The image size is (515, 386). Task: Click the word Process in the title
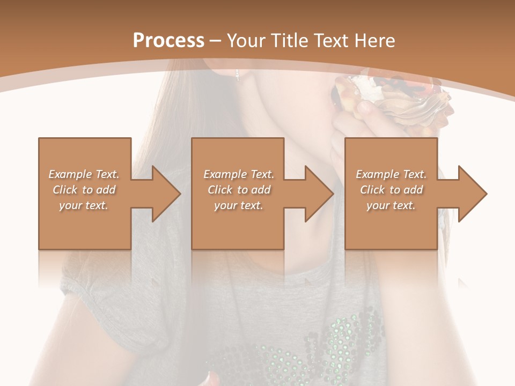(168, 40)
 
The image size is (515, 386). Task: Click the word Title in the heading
(289, 40)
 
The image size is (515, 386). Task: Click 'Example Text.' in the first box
(84, 174)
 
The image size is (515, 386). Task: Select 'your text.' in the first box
(84, 205)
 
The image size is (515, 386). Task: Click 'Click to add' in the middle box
(239, 190)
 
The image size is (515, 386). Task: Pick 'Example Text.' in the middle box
(239, 174)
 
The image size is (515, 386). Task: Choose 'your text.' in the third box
(391, 205)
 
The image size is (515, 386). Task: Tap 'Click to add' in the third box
(391, 190)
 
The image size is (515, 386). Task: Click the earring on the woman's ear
(237, 74)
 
